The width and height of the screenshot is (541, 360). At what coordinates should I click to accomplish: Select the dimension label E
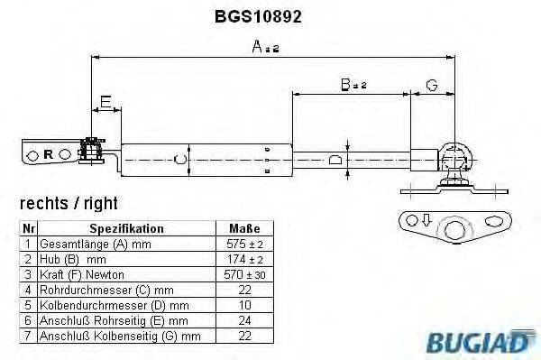tap(105, 101)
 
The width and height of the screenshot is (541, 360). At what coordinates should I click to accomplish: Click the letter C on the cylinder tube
tap(179, 160)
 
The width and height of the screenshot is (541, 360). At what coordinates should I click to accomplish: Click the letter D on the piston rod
tap(335, 161)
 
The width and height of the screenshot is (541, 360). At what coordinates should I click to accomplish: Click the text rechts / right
tap(69, 204)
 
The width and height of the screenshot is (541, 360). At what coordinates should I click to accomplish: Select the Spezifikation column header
tap(125, 229)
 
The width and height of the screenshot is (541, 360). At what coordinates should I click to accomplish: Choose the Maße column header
tap(246, 229)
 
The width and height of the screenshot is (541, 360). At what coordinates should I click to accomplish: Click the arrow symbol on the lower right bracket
tap(420, 220)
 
